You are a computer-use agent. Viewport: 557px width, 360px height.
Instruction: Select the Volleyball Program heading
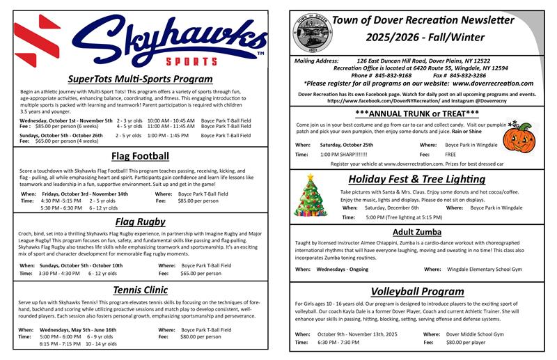click(417, 290)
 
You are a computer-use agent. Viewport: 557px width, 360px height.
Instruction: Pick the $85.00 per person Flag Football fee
click(198, 201)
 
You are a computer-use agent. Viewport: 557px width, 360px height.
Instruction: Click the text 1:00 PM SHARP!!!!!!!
click(347, 154)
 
